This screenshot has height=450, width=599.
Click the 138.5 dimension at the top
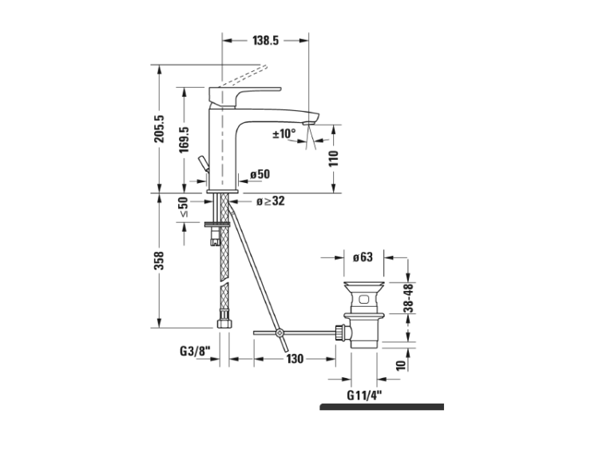click(x=265, y=40)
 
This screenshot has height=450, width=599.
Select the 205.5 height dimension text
click(x=159, y=129)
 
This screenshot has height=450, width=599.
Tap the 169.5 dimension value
click(x=184, y=140)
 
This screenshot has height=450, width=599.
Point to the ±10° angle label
click(x=284, y=133)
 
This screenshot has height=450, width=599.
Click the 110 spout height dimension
click(x=334, y=158)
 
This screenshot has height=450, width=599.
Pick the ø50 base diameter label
click(x=260, y=174)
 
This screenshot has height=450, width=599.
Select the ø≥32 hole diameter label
click(x=271, y=201)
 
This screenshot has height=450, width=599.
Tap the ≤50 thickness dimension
click(x=184, y=207)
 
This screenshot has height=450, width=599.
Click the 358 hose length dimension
click(x=159, y=261)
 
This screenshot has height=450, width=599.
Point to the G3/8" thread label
click(x=195, y=351)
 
